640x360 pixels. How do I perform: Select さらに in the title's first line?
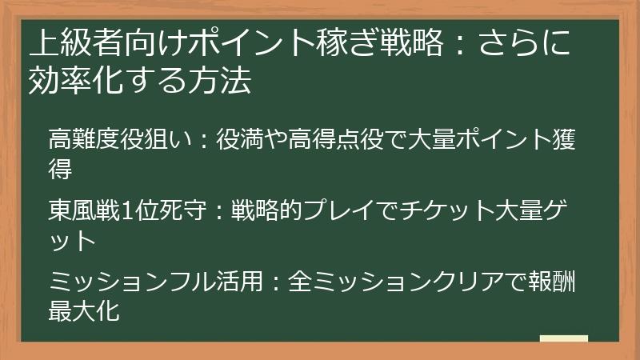pos(525,42)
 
